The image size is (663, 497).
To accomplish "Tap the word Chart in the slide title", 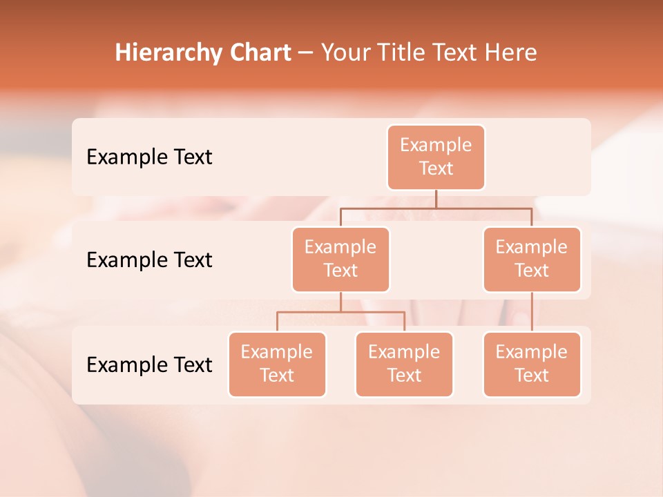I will [x=258, y=53].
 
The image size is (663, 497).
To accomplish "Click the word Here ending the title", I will [x=511, y=53].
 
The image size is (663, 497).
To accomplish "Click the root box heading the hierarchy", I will [x=436, y=157].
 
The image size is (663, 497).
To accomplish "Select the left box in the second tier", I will [x=340, y=259].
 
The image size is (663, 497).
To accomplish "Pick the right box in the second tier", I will [x=532, y=259].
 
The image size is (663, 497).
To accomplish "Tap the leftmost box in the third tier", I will [x=277, y=364].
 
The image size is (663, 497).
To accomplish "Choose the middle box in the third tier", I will [x=404, y=364].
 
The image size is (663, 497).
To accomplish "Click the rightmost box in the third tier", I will [x=532, y=364].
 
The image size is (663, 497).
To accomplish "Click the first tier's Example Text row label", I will [x=149, y=157].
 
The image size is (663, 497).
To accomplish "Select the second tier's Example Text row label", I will [x=149, y=260].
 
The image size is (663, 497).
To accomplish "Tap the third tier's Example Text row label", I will [x=149, y=364].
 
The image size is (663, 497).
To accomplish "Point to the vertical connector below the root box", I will [x=436, y=199].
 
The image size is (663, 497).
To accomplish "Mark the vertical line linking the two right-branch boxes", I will [x=532, y=311].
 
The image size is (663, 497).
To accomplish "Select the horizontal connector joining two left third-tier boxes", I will [x=340, y=312].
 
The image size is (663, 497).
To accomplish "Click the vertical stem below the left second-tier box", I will [x=340, y=302].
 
